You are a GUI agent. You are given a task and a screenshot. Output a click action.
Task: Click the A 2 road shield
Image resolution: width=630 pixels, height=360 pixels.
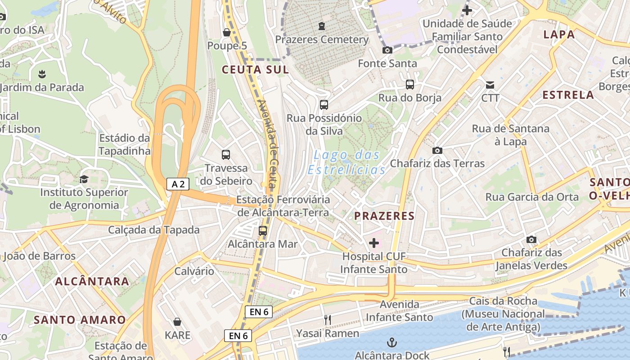coord(178,184)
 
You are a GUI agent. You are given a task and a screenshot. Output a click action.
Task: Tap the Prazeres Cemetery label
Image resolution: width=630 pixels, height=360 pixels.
coord(322,40)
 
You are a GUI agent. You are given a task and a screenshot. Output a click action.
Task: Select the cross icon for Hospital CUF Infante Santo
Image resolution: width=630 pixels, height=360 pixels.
coord(374,243)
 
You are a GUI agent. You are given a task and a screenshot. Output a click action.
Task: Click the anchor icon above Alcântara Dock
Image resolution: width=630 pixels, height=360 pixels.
coord(392,342)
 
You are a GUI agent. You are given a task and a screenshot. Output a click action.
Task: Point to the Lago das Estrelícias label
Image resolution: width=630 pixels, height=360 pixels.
coord(346,162)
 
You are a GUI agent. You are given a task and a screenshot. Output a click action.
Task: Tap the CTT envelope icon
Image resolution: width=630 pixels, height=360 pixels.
coord(490,85)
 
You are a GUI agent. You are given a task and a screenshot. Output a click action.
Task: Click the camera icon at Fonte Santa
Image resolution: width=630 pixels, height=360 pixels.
coord(387,50)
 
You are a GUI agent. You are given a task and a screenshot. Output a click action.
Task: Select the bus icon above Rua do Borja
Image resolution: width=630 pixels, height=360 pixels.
coord(409,84)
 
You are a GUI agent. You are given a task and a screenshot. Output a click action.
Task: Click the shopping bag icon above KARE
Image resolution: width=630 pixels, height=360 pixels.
coord(177,322)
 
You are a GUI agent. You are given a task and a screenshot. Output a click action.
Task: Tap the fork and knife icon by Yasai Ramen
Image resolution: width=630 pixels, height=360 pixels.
coord(328,320)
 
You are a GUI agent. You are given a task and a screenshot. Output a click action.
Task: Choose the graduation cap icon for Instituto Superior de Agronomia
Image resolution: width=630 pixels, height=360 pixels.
coord(84,179)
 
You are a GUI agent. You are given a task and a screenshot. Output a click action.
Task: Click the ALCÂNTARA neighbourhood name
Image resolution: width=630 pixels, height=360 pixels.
coord(92,282)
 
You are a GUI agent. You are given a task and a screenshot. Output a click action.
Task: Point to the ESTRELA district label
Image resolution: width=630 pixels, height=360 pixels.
coord(568,95)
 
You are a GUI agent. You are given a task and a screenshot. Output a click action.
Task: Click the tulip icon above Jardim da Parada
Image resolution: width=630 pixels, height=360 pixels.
coord(42,73)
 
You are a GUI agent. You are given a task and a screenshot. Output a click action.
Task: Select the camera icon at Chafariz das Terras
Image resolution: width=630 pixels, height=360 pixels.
coord(437,150)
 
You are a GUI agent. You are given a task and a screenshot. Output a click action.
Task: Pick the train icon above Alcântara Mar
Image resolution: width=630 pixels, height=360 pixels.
coord(263,231)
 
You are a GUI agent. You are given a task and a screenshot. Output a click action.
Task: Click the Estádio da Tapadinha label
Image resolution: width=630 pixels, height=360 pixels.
coord(124,144)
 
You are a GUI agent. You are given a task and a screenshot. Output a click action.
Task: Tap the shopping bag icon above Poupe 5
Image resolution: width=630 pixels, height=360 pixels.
coord(227,32)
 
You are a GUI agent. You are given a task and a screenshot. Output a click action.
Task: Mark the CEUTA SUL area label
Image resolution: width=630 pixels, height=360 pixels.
coord(255,70)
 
